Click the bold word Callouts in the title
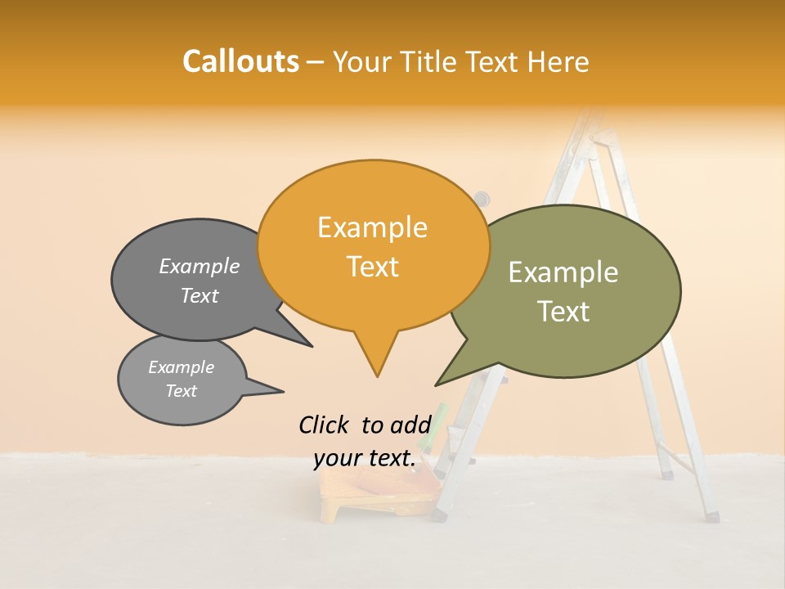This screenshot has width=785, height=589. pos(240,61)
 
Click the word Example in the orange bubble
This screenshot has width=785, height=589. pos(372,227)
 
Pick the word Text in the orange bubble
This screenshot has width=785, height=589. pos(372,267)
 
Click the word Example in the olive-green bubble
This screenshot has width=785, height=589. pos(563,272)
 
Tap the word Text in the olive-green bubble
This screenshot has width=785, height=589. pos(563,312)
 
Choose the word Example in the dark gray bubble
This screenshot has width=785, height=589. pos(200,267)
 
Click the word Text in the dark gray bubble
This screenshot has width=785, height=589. pos(200,296)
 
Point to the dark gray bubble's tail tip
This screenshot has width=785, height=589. pos(311,346)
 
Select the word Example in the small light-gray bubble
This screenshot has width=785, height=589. pos(182,367)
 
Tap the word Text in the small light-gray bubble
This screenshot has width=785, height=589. pos(182,391)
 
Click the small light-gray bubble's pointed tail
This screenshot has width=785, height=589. pos(281,391)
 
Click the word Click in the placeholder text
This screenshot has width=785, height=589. pos(325,425)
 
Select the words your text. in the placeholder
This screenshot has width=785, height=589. pos(365,459)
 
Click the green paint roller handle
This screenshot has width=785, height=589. pos(440,418)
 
